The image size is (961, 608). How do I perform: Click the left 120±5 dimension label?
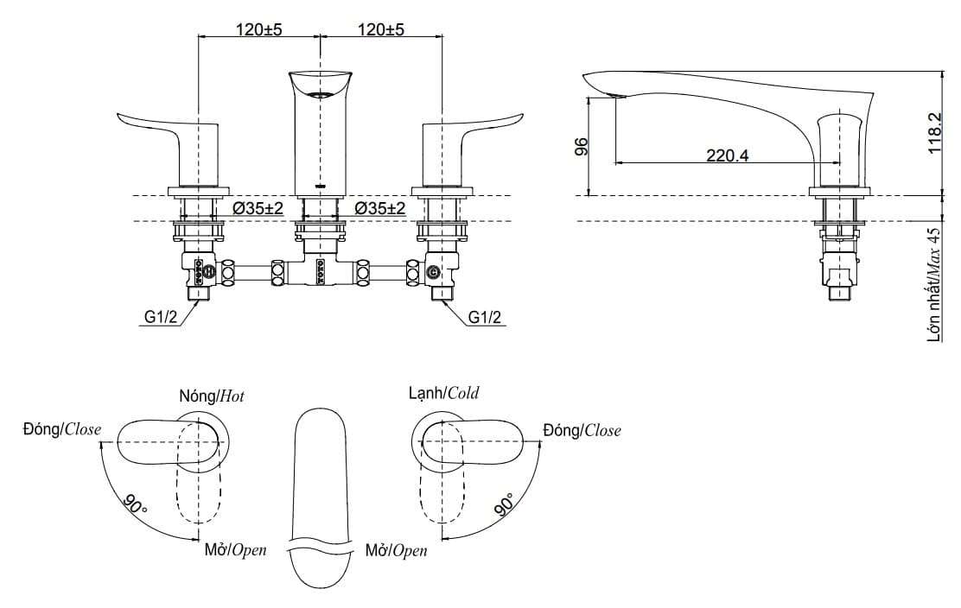point(259,29)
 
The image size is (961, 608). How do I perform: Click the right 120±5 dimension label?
point(381,29)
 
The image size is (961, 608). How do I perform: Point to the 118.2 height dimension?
point(934,133)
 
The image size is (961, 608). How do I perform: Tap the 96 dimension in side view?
point(581,146)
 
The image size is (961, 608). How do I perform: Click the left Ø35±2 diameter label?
point(259,209)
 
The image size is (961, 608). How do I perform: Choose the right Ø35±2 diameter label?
point(381,209)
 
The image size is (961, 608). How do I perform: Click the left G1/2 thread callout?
point(161,319)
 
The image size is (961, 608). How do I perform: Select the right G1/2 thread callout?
point(485,319)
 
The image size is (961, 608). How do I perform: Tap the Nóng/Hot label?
point(212,396)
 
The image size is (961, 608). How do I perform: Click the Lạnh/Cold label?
point(443,394)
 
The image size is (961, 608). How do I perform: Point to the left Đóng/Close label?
point(62,429)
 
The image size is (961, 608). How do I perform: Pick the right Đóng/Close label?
point(582,430)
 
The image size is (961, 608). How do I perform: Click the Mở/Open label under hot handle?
point(235,550)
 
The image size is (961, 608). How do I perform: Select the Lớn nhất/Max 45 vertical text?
point(933,285)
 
